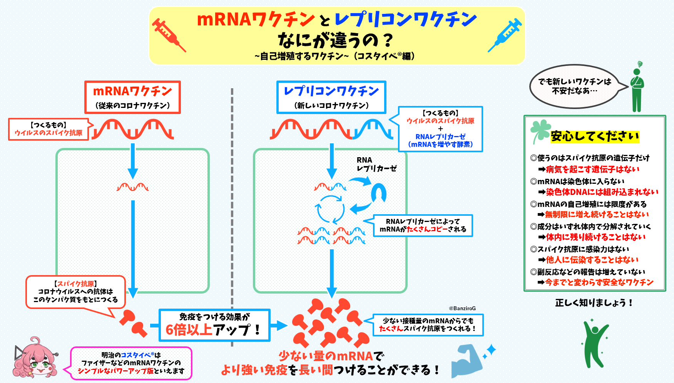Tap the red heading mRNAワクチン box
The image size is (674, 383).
coord(132,97)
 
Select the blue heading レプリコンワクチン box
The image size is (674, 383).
coord(331,97)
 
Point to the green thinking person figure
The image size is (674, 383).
coord(637,89)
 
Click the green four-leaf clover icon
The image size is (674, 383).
coord(540,130)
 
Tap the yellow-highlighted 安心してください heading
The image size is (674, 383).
coord(595,136)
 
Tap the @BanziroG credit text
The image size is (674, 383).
coord(462,308)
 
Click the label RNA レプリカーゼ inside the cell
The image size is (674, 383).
coord(376,164)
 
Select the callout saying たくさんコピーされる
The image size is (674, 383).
coord(423,225)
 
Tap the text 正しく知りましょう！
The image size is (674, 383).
coord(594,303)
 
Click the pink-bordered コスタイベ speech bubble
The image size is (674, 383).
coord(131,363)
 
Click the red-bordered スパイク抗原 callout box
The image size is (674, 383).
coord(75,292)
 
